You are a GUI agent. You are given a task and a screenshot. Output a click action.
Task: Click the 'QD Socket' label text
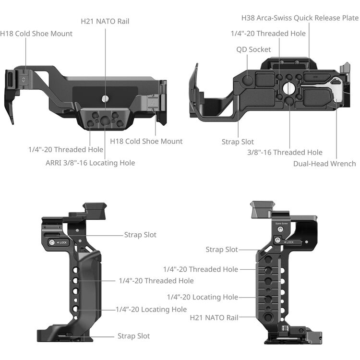coord(253,49)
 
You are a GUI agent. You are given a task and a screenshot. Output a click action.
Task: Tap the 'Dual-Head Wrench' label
coord(324,164)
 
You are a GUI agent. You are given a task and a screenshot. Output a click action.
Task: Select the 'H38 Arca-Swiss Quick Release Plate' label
coord(300,18)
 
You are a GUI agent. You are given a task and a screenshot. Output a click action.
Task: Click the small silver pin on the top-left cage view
coord(105,98)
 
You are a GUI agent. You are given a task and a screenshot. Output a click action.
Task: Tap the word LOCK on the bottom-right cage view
coord(290,242)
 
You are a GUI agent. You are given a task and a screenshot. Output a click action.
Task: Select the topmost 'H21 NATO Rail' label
coord(105,21)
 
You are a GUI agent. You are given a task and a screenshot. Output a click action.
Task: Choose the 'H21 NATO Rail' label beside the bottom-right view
coord(214,317)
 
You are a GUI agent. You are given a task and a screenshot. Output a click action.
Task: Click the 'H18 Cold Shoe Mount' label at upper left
coord(36,34)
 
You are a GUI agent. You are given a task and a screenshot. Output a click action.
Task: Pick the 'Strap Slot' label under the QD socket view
coord(238,142)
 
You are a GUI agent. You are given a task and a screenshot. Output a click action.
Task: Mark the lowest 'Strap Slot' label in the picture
coord(133,336)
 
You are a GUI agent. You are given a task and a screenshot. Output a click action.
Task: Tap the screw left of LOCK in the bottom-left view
coord(51,243)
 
